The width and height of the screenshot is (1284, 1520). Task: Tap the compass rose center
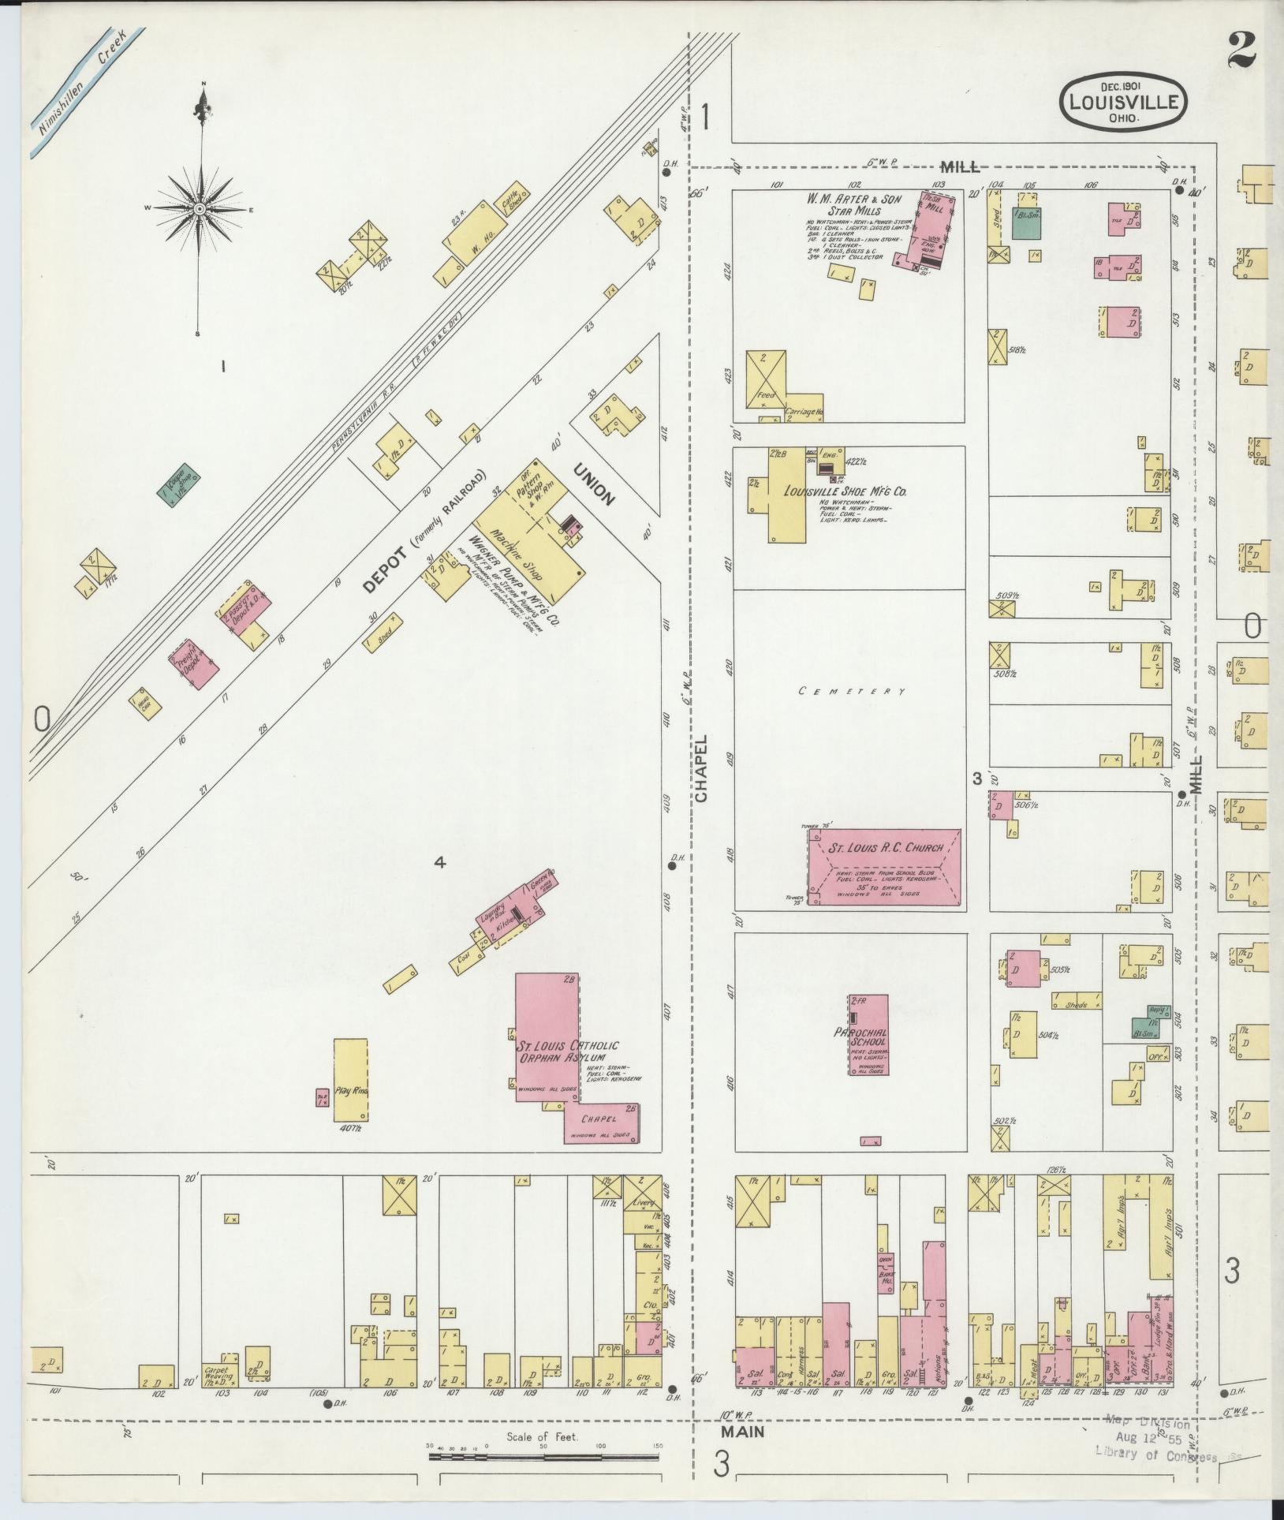200,208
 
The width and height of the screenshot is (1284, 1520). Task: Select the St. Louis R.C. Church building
883,868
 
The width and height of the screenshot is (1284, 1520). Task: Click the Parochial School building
868,1034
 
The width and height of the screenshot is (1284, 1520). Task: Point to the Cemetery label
852,691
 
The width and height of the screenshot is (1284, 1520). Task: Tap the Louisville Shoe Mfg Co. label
845,491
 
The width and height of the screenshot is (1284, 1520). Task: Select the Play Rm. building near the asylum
350,1080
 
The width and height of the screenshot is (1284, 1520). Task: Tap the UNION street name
593,482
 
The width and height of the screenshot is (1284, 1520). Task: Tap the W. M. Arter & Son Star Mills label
853,205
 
